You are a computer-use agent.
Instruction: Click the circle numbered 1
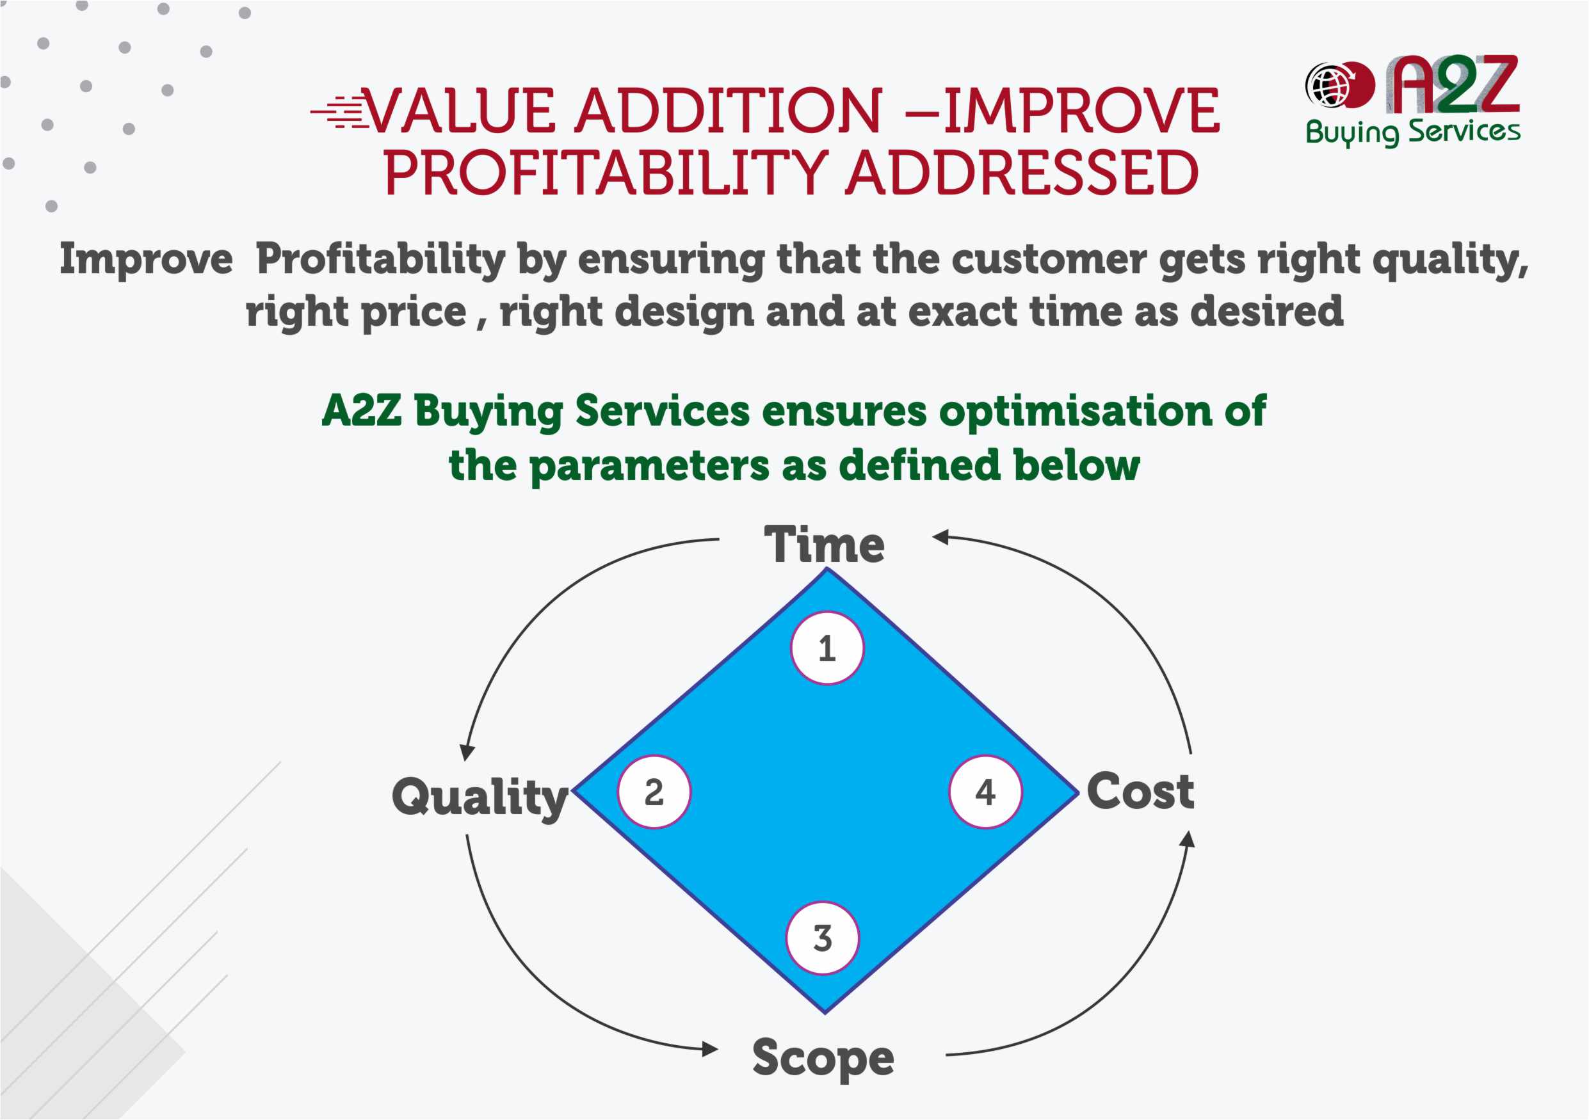[827, 648]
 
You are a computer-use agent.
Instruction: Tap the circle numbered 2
[654, 792]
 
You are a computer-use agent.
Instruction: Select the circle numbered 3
[822, 938]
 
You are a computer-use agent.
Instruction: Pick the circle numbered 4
[985, 792]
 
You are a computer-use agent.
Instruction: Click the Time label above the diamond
[824, 545]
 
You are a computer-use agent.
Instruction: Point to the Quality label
[480, 797]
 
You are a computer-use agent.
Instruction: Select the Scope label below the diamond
[823, 1058]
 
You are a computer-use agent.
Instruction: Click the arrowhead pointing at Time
[940, 537]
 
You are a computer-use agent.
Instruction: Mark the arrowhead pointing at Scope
[710, 1049]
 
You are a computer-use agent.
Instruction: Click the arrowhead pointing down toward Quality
[468, 752]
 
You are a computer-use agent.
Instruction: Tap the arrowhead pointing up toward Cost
[1188, 838]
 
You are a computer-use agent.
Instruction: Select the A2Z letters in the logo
[1453, 84]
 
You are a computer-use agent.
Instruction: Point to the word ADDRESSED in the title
[1022, 173]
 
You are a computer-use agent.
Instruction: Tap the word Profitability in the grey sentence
[381, 259]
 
